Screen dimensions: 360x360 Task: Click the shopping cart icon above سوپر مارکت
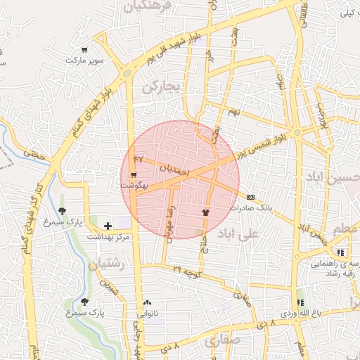click(x=84, y=50)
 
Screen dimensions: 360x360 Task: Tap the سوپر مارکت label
click(x=85, y=60)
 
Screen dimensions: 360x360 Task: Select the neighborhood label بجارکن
click(x=162, y=86)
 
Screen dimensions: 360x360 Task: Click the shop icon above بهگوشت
click(x=134, y=174)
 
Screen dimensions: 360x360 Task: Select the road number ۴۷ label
click(x=138, y=159)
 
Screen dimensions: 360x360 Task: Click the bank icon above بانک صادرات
click(x=251, y=198)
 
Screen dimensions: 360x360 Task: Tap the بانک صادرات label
click(x=250, y=208)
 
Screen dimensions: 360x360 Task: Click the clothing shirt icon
click(x=205, y=211)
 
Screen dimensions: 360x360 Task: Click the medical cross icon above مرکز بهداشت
click(x=107, y=226)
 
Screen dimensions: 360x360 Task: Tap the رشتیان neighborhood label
click(x=107, y=265)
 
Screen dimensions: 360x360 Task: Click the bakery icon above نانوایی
click(x=147, y=302)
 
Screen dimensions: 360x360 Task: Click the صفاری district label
click(x=222, y=342)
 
